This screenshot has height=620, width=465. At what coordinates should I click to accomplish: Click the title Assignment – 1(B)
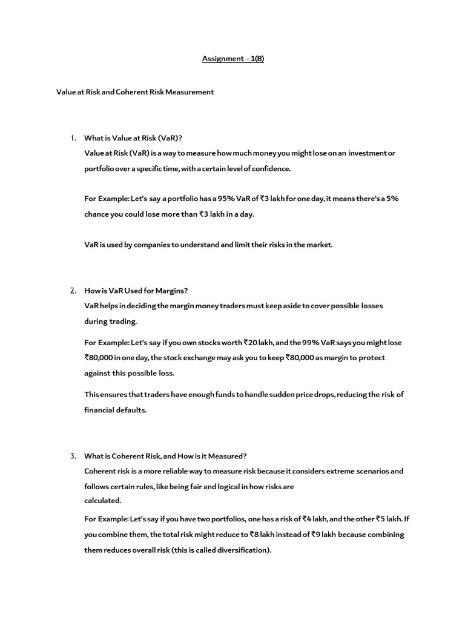[x=232, y=59]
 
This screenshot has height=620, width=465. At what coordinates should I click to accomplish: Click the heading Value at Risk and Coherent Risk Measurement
[x=135, y=92]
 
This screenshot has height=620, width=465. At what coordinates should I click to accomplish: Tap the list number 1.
[x=73, y=138]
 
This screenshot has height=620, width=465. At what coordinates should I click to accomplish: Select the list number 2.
[x=73, y=291]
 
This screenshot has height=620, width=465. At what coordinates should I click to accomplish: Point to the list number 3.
[x=73, y=456]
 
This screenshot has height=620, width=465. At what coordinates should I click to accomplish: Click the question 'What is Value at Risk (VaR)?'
[x=133, y=138]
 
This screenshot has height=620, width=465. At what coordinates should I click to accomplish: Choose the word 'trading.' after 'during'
[x=124, y=321]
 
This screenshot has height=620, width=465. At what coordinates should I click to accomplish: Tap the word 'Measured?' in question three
[x=228, y=456]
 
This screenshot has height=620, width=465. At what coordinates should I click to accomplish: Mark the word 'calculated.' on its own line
[x=103, y=501]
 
